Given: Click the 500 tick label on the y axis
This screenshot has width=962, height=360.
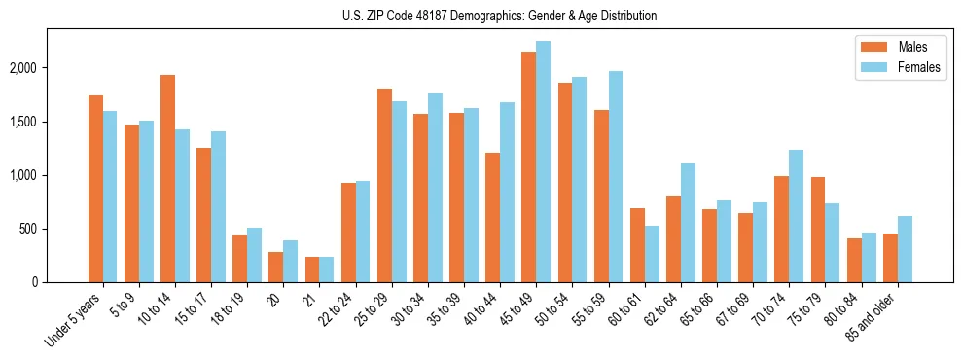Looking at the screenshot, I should [x=33, y=229].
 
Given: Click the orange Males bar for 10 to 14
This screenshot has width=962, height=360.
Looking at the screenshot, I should [x=167, y=179].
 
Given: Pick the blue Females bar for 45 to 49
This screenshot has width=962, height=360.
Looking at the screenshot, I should [x=543, y=162].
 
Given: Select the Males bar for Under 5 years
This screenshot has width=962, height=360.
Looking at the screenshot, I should [x=95, y=189].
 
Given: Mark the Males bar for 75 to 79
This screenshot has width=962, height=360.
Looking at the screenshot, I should [x=817, y=230].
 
